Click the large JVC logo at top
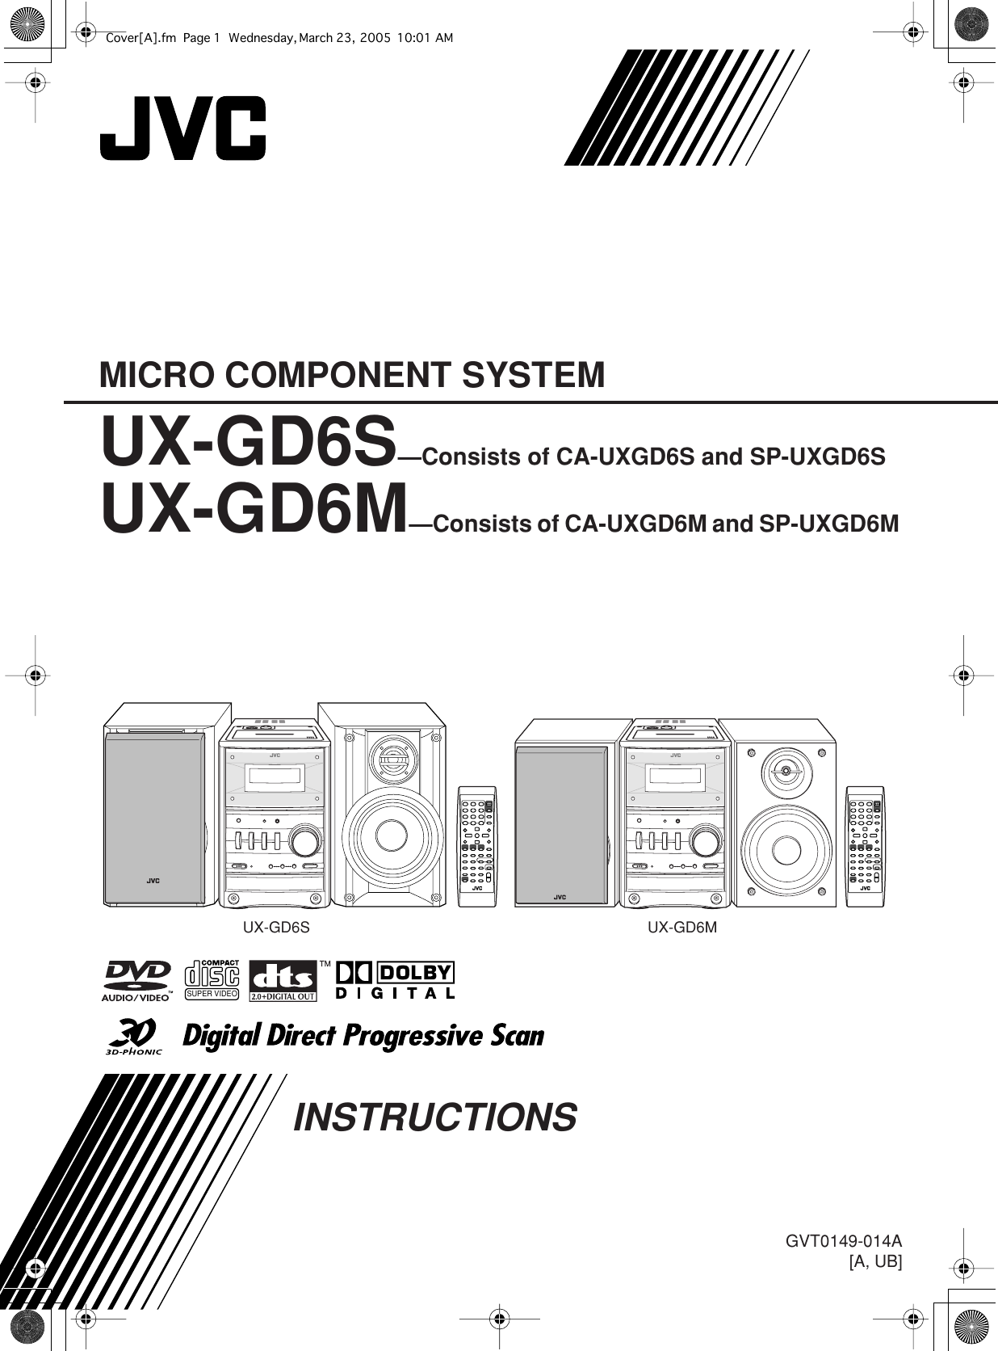182,128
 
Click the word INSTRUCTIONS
436,1117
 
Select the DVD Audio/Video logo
136,980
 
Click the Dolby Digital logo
395,980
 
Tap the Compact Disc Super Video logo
212,979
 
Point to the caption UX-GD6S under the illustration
276,928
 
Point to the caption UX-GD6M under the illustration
682,928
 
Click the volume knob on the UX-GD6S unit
305,841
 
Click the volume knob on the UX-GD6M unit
705,840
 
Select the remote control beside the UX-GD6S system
477,844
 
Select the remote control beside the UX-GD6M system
866,844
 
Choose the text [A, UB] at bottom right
875,1261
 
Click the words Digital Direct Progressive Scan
363,1037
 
